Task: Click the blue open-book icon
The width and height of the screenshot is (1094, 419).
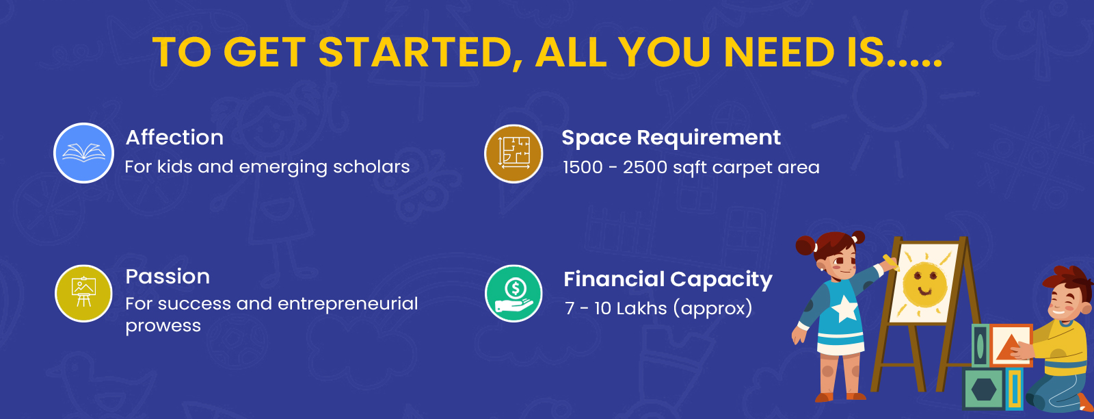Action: (x=83, y=153)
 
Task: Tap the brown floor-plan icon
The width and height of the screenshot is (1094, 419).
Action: (x=513, y=153)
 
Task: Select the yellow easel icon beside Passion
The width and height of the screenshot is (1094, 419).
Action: (x=83, y=293)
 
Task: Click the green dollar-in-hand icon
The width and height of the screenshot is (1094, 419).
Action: (x=513, y=293)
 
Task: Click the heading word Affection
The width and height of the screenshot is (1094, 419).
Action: (x=174, y=138)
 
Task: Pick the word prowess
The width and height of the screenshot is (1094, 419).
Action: (x=163, y=326)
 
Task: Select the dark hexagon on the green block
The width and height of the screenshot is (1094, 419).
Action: (x=984, y=390)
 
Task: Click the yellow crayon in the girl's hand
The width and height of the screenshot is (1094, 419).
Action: (x=891, y=262)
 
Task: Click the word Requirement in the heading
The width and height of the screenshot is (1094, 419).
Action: (x=708, y=138)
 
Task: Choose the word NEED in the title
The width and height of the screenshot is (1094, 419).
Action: (x=779, y=53)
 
